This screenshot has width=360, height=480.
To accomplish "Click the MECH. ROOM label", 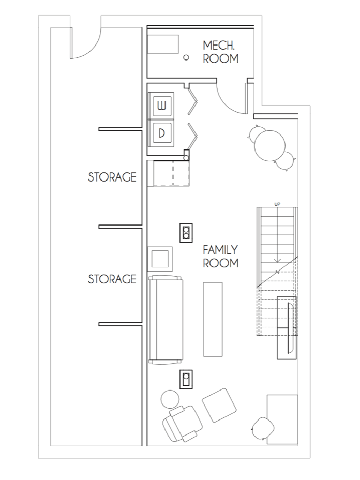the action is point(221,52).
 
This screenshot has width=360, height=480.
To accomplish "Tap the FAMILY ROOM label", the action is point(220,256).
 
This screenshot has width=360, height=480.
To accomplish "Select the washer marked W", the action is point(161,106).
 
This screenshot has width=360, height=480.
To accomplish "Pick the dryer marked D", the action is point(161,133).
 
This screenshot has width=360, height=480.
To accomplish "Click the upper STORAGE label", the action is point(112,177).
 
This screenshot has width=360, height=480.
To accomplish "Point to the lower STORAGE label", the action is point(112,279).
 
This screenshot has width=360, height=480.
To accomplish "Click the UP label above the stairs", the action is point(277,204).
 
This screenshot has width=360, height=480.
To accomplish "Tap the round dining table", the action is point(269,145).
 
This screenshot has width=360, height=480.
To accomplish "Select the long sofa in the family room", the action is point(166,320).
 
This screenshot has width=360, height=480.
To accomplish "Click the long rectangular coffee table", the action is point(213,319).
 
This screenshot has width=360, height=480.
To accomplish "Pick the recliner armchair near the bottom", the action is point(183,424).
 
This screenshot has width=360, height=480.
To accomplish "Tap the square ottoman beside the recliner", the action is point(219,406).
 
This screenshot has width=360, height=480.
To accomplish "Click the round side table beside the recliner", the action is point(170,399).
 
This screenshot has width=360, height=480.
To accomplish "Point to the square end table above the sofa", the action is point(160,259).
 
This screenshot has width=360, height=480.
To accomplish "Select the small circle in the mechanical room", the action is point(186,57).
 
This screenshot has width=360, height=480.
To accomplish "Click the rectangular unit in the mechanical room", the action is point(163,44).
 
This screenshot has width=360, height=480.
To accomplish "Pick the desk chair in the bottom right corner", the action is point(263,428).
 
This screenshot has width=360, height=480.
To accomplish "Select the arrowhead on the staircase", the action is point(277,261).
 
